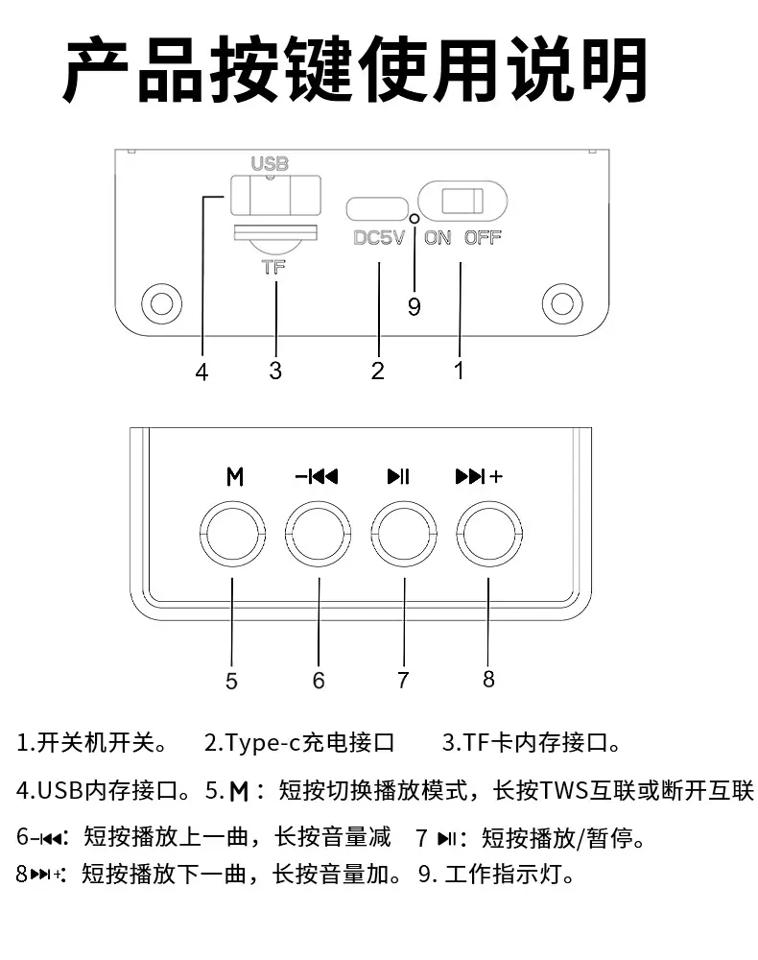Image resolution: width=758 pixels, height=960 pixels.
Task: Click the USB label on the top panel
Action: click(x=270, y=163)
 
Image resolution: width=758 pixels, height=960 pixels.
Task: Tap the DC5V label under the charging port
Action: click(x=379, y=237)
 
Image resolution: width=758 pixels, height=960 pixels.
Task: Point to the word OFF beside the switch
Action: click(x=482, y=237)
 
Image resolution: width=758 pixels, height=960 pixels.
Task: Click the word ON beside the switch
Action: click(x=438, y=237)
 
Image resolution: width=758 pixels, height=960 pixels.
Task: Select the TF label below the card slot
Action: click(x=273, y=268)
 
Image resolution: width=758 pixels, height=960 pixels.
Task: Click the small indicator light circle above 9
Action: click(x=415, y=219)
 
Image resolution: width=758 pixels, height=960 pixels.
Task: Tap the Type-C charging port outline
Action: click(x=377, y=208)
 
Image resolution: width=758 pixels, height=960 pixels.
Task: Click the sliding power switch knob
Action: click(x=462, y=201)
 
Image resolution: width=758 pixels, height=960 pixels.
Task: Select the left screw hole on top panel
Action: click(x=161, y=303)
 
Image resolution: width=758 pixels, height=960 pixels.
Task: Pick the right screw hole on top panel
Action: click(x=562, y=303)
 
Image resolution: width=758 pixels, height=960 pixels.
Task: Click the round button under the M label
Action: click(x=232, y=534)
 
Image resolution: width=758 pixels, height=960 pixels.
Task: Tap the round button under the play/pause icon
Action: click(x=404, y=534)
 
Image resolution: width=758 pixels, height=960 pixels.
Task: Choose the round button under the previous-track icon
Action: click(x=319, y=534)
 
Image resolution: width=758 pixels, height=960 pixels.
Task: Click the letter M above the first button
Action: click(x=235, y=476)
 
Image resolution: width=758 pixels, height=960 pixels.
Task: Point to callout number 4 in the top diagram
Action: click(x=201, y=372)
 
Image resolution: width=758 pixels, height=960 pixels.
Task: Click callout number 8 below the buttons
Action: click(x=488, y=679)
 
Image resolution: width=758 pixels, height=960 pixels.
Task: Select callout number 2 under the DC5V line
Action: click(x=377, y=371)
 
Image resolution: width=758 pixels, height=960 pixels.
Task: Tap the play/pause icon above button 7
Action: click(x=398, y=476)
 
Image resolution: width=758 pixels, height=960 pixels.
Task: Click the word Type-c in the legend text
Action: click(x=263, y=743)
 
